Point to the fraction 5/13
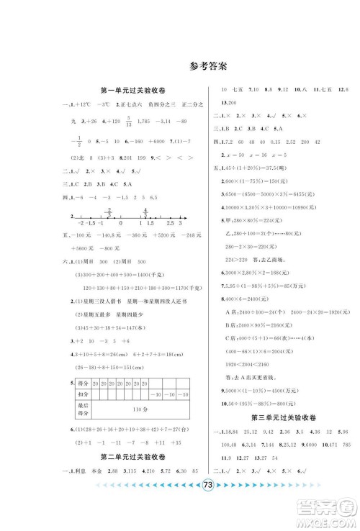(127, 124)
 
